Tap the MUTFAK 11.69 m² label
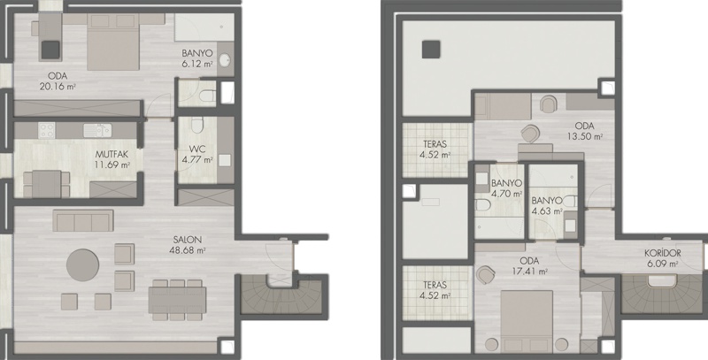tap(112, 160)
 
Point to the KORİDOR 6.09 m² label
tap(662, 258)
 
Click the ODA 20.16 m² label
tap(58, 81)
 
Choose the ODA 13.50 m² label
tap(585, 130)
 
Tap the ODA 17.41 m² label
tap(529, 266)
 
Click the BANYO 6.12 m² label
tap(197, 58)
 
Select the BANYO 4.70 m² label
tap(506, 188)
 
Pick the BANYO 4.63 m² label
tap(547, 205)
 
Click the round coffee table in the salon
tap(82, 264)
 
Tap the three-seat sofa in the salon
tap(83, 220)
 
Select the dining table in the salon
tap(178, 300)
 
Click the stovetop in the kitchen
tap(47, 130)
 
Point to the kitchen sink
tap(97, 130)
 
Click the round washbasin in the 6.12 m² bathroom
tap(225, 60)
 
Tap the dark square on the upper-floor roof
tap(431, 50)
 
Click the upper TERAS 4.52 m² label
tap(435, 149)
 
